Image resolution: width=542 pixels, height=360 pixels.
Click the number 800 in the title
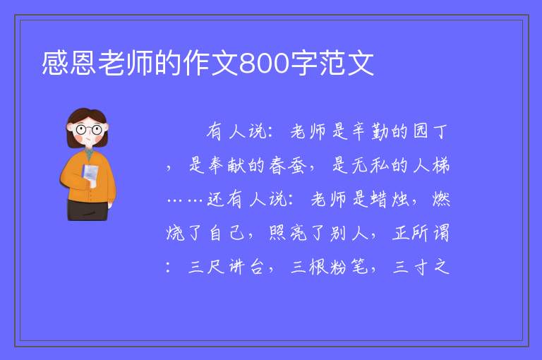[x=264, y=64]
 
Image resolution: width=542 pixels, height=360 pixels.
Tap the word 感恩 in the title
[x=69, y=64]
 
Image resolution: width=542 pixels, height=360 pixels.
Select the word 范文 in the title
[x=347, y=64]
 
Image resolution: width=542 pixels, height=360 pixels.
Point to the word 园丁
[x=430, y=131]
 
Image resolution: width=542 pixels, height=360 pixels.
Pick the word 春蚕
[x=288, y=165]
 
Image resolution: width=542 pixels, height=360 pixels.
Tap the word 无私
[x=371, y=165]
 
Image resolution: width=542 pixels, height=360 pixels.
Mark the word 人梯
[x=431, y=165]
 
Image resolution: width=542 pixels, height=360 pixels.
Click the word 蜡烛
[x=390, y=199]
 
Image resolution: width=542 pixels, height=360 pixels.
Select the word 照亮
[x=288, y=233]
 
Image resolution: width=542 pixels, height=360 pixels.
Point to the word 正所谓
[x=421, y=233]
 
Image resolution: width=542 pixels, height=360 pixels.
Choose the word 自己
[x=227, y=233]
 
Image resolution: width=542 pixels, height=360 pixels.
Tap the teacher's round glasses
[x=89, y=130]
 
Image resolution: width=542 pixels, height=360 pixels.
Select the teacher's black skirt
[x=87, y=210]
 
